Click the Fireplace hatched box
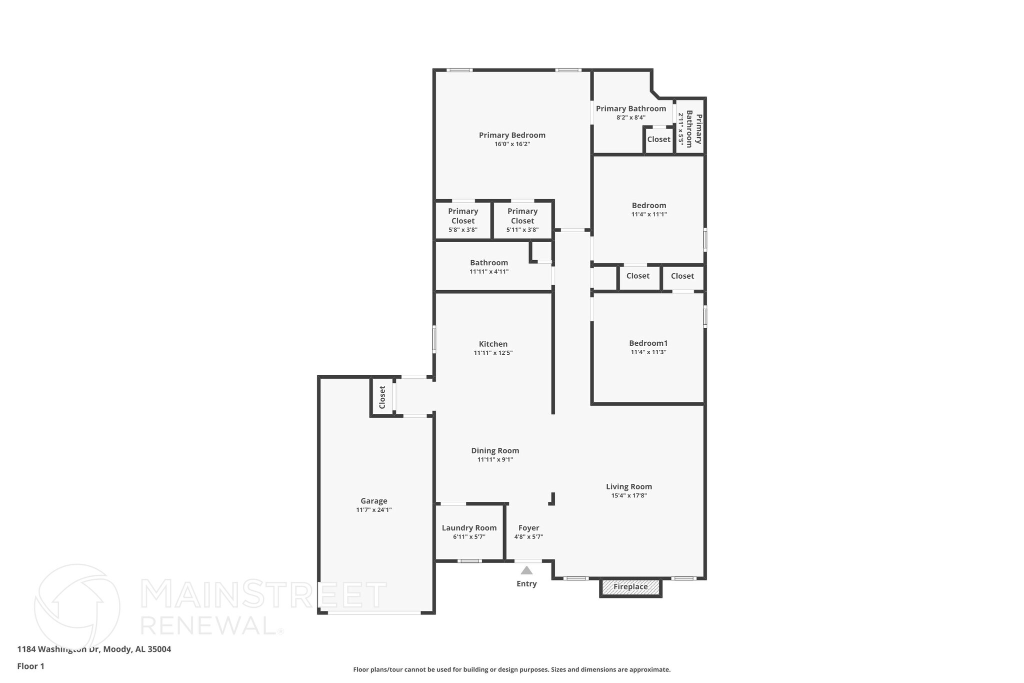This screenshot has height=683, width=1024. click(630, 587)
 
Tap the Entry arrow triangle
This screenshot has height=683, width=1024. click(526, 570)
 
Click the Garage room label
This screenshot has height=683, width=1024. click(374, 501)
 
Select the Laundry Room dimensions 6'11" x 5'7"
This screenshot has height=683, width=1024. click(469, 537)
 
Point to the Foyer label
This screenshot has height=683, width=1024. click(528, 528)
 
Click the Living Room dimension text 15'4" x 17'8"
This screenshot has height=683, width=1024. click(629, 496)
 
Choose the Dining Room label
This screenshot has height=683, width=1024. click(495, 451)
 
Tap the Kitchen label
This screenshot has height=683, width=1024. click(493, 344)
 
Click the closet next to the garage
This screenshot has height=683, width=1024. click(382, 397)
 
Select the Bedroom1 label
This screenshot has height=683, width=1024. click(648, 343)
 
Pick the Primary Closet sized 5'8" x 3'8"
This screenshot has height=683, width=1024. click(463, 220)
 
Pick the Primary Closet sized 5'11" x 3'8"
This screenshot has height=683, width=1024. click(522, 220)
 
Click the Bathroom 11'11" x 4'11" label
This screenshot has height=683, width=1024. click(489, 263)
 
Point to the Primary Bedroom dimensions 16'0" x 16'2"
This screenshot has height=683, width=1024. click(512, 144)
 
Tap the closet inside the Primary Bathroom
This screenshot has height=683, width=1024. click(658, 140)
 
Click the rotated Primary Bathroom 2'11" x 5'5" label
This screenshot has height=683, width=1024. click(690, 129)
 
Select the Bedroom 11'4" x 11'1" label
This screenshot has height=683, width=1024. click(649, 205)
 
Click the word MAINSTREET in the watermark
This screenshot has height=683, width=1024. click(263, 595)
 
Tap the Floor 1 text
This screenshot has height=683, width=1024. click(31, 666)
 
